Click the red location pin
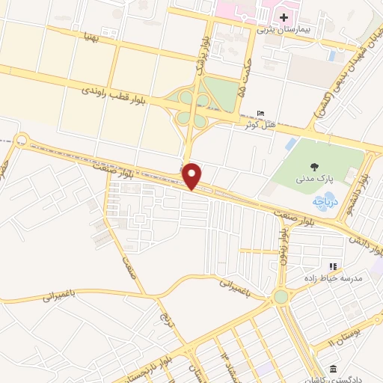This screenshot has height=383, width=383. click(193, 177)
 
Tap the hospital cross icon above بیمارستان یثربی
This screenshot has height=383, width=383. click(284, 16)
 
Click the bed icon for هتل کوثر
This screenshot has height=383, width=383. click(260, 112)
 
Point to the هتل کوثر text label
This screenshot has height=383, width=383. click(260, 123)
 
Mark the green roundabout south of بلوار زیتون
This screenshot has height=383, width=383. click(281, 297)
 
